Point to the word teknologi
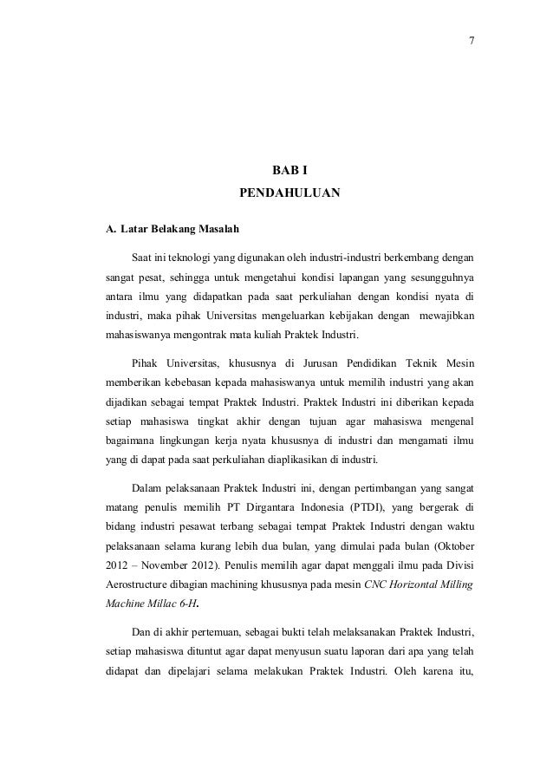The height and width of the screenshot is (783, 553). pos(195,258)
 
